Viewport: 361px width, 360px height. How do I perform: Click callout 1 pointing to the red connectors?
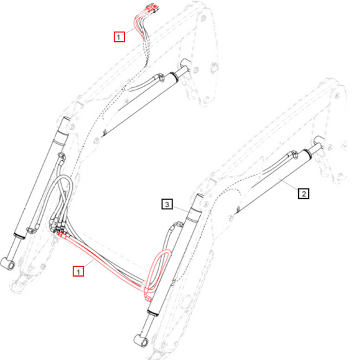click(x=119, y=36)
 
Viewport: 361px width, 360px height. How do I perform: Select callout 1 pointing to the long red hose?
click(x=78, y=271)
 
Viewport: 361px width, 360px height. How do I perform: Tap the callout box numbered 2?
click(x=302, y=193)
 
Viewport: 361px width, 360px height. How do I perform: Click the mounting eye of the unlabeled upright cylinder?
click(x=9, y=264)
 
